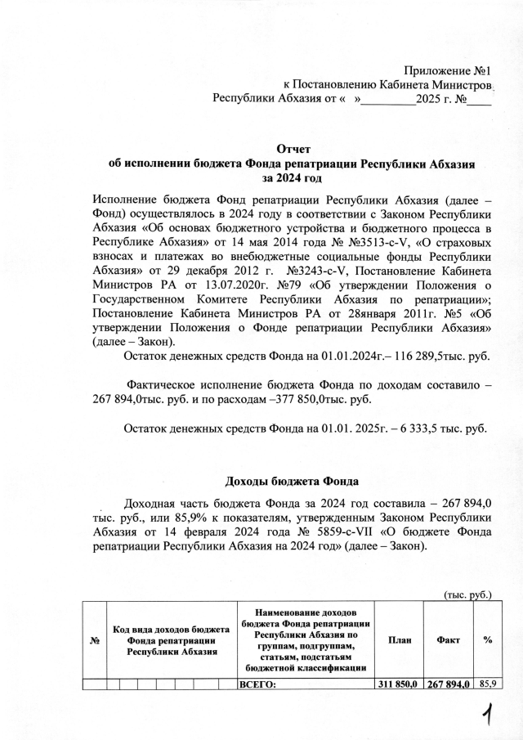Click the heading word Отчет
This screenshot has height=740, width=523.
(294, 148)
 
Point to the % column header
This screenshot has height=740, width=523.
(487, 639)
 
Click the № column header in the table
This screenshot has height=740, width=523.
(95, 639)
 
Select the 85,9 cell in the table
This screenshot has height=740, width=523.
(488, 684)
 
